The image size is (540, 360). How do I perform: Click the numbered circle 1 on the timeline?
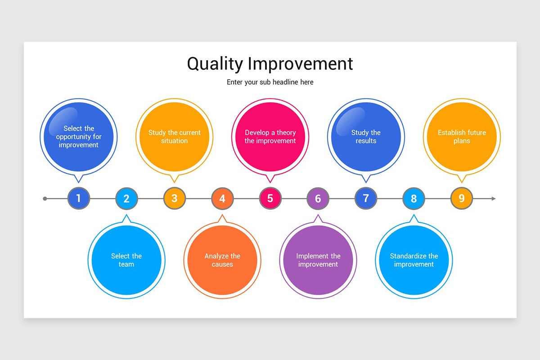pos(79,198)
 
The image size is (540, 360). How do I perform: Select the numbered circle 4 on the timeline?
pos(222,198)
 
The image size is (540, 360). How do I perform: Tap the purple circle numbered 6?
pos(318,198)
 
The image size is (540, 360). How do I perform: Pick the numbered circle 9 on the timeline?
pos(462,198)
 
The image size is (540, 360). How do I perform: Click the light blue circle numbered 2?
pos(126,198)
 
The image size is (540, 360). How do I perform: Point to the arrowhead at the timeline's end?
pos(493,198)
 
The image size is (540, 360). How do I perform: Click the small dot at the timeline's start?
pos(45,198)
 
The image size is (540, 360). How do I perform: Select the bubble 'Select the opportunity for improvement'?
pos(79,137)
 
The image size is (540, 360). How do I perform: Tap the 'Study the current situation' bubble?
pos(175,137)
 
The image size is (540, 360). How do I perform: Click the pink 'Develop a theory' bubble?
pos(270,137)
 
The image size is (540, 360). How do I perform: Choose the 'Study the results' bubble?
pos(366,137)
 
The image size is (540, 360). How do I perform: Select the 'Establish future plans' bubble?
pos(462,137)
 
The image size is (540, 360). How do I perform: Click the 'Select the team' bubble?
pos(126,260)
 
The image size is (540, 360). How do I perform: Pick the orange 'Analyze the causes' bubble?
pos(222,260)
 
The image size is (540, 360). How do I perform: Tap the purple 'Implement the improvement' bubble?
pos(318,260)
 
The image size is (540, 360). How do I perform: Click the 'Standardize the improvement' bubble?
pos(414,260)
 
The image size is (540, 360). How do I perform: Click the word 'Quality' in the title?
pos(215,64)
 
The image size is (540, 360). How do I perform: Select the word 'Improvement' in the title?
pos(301,64)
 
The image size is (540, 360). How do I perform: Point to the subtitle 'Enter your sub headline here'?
pos(270,82)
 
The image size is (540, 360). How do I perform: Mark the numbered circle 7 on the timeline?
pos(366,198)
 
